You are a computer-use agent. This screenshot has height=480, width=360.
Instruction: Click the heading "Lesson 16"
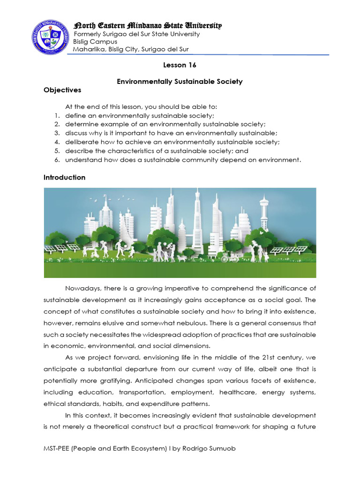pos(180,65)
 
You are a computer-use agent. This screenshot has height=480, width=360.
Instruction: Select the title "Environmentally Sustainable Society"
pos(180,82)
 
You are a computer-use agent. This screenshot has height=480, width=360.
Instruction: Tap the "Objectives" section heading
pos(62,90)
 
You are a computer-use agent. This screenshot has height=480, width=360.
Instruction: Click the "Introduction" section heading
pos(65,177)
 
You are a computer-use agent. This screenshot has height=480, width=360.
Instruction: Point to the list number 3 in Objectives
pos(55,133)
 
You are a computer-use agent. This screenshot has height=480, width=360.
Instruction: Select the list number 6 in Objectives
pos(55,160)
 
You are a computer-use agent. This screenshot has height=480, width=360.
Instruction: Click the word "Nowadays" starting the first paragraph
pos(83,287)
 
